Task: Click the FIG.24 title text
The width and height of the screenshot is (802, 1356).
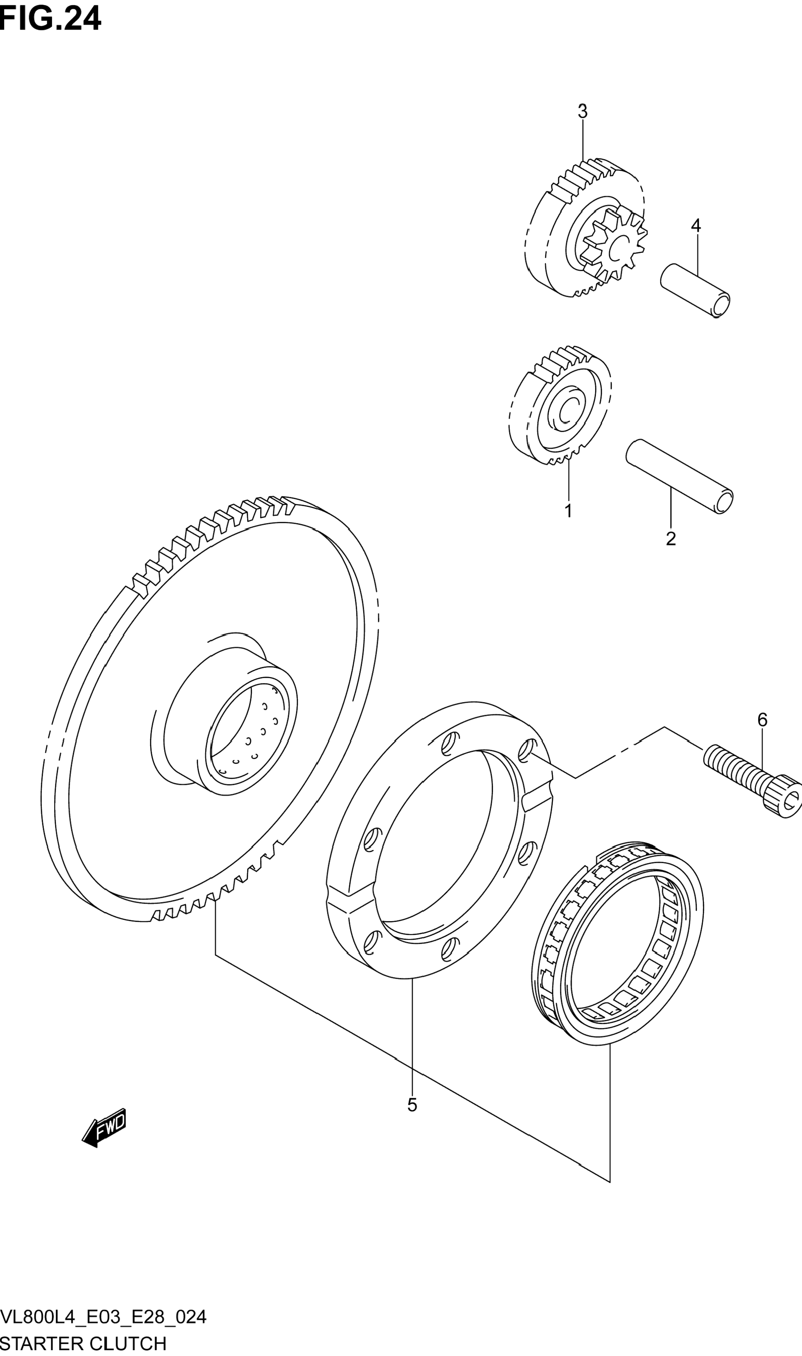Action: click(51, 19)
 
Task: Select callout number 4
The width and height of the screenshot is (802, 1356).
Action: click(696, 225)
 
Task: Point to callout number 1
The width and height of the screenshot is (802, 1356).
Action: click(568, 510)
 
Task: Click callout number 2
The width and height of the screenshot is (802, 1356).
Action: click(671, 539)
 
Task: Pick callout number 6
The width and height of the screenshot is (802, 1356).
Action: click(762, 720)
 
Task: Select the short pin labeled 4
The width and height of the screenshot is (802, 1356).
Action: click(695, 290)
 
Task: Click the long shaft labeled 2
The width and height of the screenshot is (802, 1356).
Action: click(679, 476)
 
